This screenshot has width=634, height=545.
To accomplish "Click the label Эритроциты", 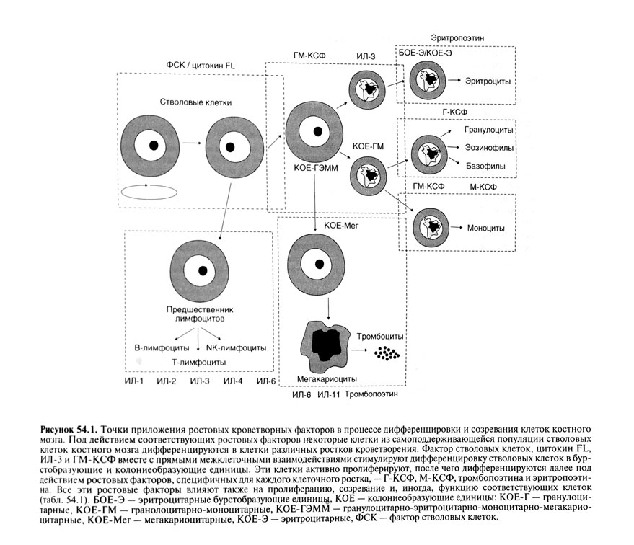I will [x=488, y=81].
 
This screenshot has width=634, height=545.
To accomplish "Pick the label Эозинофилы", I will [x=488, y=148].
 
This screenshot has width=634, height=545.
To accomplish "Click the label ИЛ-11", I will [x=328, y=395].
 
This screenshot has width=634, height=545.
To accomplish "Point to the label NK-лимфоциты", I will [x=234, y=347].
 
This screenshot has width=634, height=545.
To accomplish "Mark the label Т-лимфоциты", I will [x=195, y=361].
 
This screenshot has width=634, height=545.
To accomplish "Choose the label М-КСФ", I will [x=482, y=186].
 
